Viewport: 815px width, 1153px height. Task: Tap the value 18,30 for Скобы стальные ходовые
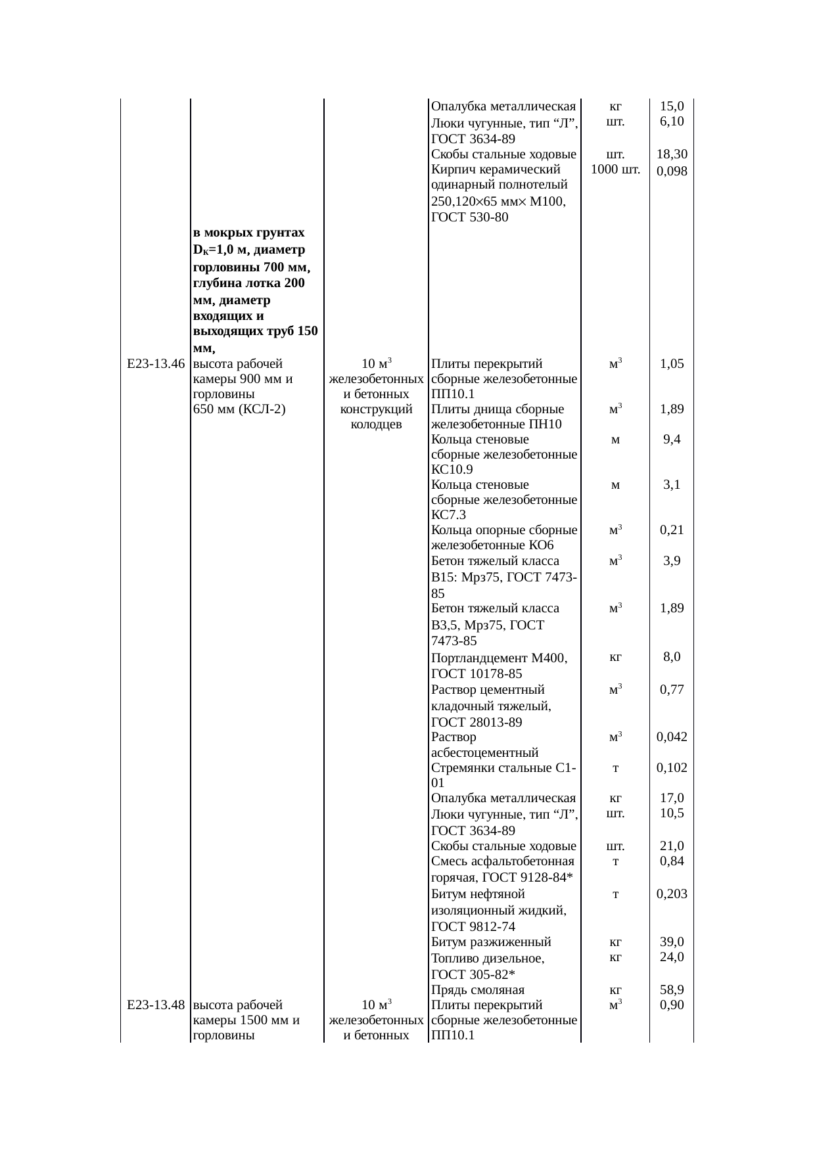[672, 154]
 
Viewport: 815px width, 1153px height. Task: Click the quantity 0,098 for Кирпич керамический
[672, 171]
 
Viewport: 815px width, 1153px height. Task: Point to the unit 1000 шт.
[615, 170]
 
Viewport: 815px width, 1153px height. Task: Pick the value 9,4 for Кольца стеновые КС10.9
[672, 440]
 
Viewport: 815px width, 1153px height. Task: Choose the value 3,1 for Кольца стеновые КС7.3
[672, 485]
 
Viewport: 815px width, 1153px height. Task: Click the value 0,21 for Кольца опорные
[672, 530]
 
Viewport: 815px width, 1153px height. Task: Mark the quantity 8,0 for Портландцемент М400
[672, 656]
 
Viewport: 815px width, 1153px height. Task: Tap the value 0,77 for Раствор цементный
[672, 689]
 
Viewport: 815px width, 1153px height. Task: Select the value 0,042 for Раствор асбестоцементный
[672, 736]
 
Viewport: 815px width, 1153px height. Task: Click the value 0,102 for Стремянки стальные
[672, 767]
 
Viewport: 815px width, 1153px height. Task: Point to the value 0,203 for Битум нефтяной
[672, 893]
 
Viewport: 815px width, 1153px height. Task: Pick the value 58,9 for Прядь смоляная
[672, 989]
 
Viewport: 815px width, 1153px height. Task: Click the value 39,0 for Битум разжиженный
[672, 942]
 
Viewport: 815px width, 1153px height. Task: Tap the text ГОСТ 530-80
[469, 217]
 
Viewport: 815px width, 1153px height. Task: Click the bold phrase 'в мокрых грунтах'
[249, 233]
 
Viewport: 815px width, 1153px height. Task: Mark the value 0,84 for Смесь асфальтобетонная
[672, 861]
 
